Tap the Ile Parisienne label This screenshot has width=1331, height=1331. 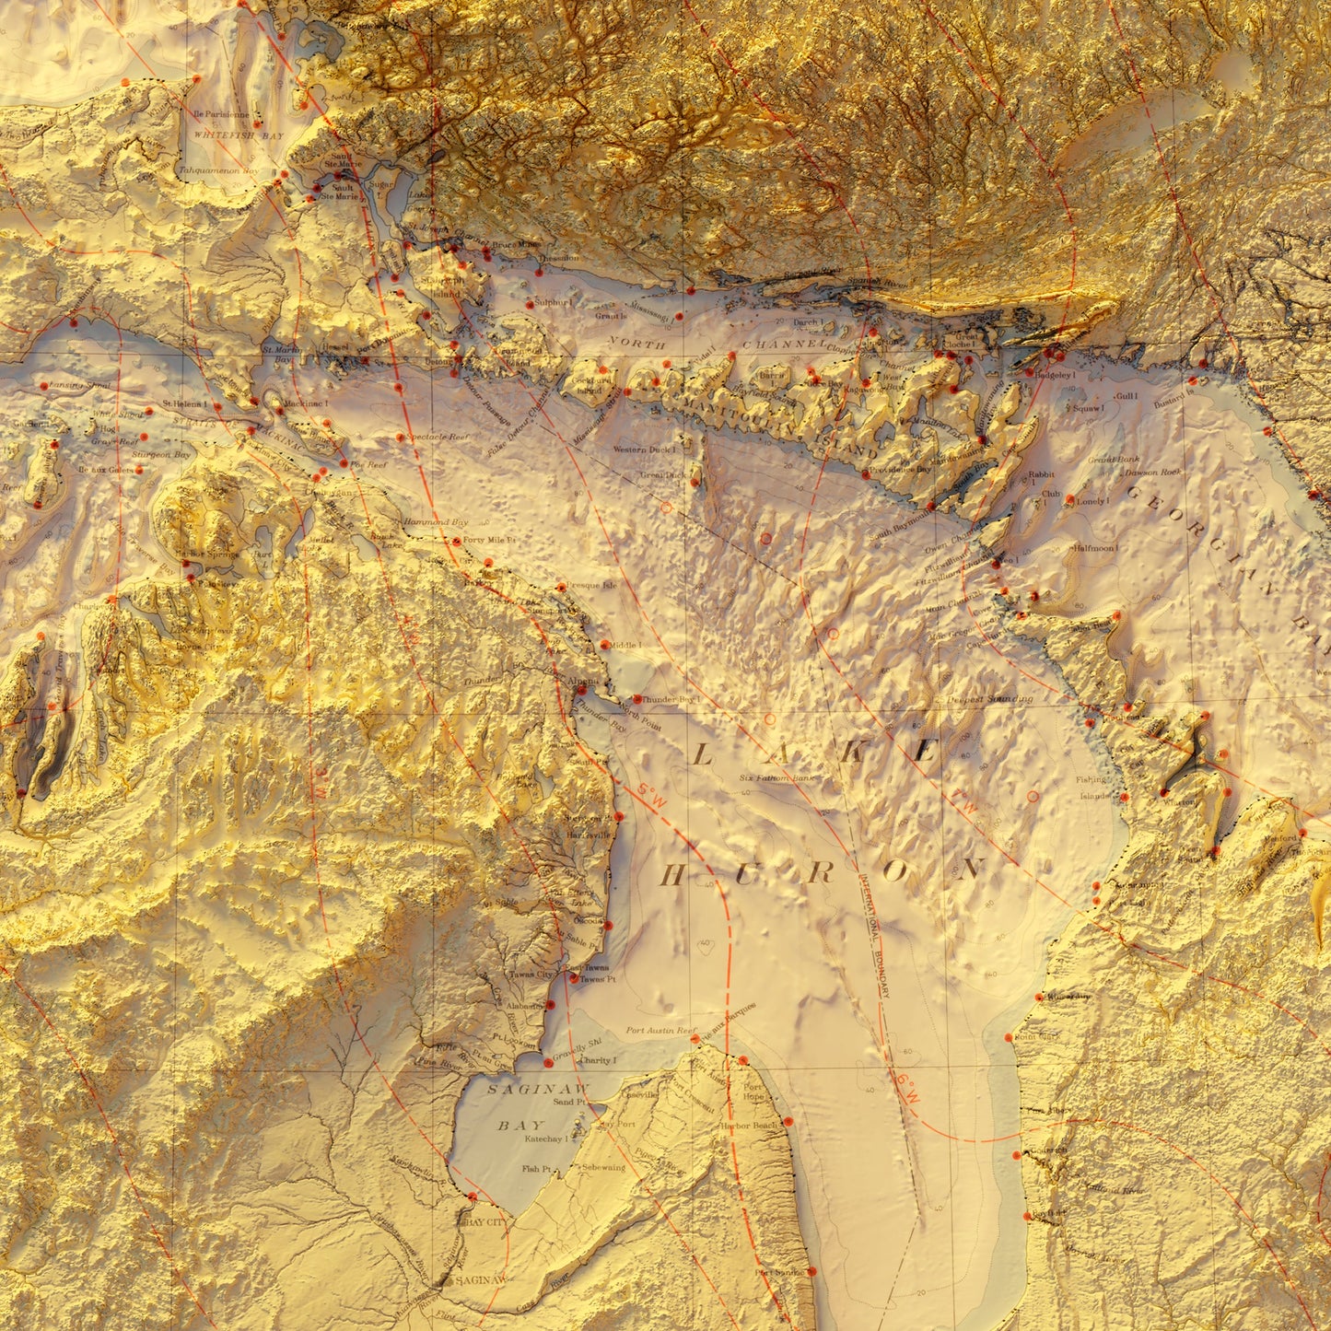click(221, 114)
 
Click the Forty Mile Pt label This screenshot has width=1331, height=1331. click(489, 541)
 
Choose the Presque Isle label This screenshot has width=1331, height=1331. click(590, 585)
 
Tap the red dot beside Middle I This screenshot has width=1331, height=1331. click(604, 645)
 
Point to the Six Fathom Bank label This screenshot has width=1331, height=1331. click(777, 778)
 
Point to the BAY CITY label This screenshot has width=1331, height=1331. click(485, 1222)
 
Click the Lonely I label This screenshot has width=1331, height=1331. click(1092, 502)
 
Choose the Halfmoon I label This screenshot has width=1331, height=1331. click(1095, 548)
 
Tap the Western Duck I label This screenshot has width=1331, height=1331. click(645, 450)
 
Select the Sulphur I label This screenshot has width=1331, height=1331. click(555, 302)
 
